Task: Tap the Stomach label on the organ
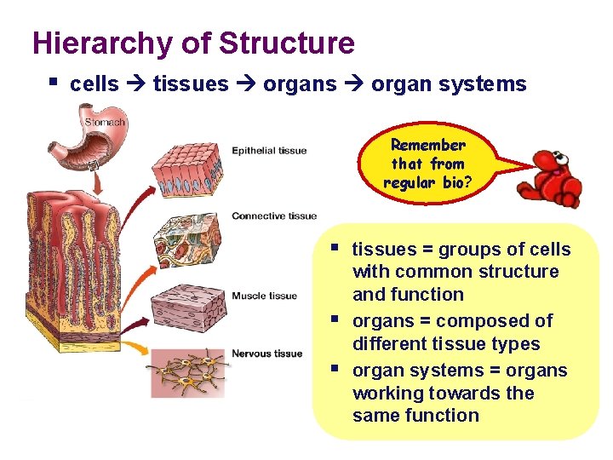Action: tap(105, 123)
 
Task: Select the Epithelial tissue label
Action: tap(269, 151)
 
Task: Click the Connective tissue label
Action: tap(274, 216)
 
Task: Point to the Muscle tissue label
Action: tap(264, 296)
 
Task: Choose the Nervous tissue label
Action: tap(266, 354)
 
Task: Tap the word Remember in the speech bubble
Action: tap(427, 146)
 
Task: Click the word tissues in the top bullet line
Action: tap(191, 84)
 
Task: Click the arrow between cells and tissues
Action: tap(135, 84)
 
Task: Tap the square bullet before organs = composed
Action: tap(338, 319)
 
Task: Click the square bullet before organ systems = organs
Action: tap(338, 369)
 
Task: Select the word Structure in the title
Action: tap(286, 43)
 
